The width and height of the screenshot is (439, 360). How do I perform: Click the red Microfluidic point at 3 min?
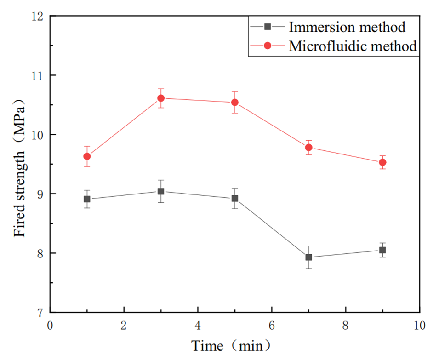161,98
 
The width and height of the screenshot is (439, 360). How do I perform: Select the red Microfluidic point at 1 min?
87,156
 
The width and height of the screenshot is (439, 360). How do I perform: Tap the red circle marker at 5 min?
234,102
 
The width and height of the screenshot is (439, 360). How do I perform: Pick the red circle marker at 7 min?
308,147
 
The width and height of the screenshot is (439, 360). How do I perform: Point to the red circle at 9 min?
382,162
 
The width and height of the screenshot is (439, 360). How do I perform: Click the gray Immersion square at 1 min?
87,199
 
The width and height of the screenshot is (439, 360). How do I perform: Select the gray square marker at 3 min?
161,191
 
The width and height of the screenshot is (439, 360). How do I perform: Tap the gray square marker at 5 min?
234,199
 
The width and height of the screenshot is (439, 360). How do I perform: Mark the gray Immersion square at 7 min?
308,257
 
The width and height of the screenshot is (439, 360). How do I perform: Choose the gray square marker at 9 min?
382,250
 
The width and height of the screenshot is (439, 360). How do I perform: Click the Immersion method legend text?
347,27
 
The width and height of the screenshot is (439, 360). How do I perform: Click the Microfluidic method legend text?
353,46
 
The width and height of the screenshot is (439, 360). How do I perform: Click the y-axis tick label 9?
40,194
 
